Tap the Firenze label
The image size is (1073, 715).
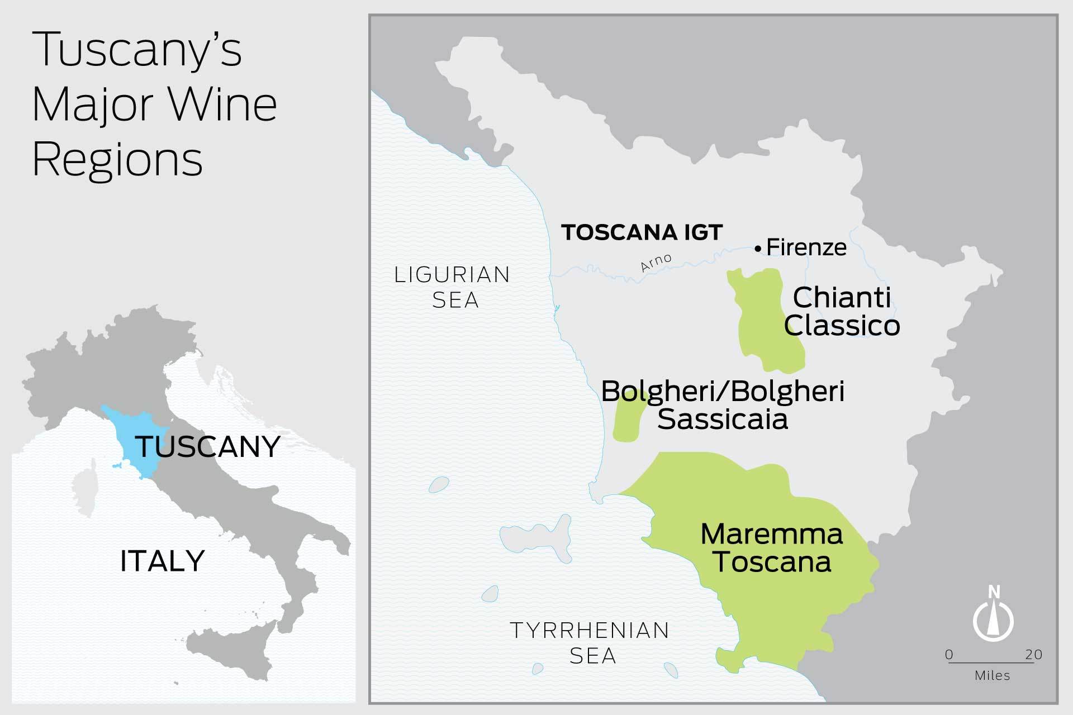click(806, 247)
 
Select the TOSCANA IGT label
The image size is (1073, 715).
click(642, 232)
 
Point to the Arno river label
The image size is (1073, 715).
click(656, 263)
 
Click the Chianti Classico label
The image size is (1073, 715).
click(842, 312)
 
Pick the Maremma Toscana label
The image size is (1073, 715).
click(772, 548)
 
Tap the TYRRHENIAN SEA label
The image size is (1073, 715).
click(590, 642)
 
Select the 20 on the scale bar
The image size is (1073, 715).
click(1033, 655)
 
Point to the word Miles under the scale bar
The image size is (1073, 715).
click(992, 675)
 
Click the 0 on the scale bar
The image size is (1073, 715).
click(949, 655)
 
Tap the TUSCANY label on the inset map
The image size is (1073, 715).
click(207, 447)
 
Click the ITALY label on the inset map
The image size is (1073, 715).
click(162, 561)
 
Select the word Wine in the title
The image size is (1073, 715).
click(224, 104)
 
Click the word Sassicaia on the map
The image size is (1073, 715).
click(722, 419)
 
